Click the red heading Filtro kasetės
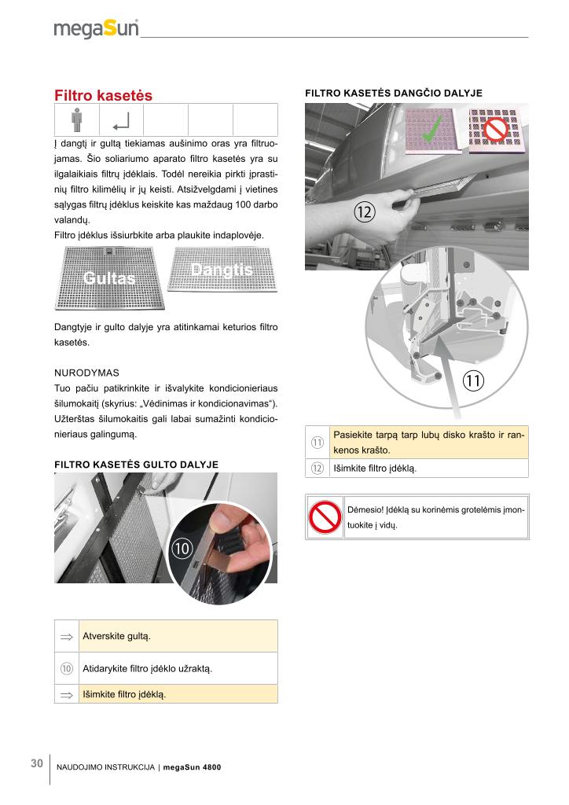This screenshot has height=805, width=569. click(103, 95)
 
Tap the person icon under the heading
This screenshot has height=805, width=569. click(76, 120)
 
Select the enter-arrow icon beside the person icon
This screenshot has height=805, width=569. click(122, 121)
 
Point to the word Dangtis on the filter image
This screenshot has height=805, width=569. click(222, 270)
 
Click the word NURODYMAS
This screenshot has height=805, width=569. click(86, 369)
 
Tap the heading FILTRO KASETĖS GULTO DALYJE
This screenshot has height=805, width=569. click(136, 465)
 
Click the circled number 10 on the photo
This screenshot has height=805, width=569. click(181, 550)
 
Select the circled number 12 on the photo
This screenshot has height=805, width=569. click(364, 211)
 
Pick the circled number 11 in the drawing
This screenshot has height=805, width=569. click(473, 381)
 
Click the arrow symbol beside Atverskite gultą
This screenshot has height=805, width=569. click(67, 636)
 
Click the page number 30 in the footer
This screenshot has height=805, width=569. click(36, 763)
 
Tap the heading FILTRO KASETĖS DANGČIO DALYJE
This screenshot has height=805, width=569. click(393, 93)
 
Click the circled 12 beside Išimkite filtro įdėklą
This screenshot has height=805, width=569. click(318, 468)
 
